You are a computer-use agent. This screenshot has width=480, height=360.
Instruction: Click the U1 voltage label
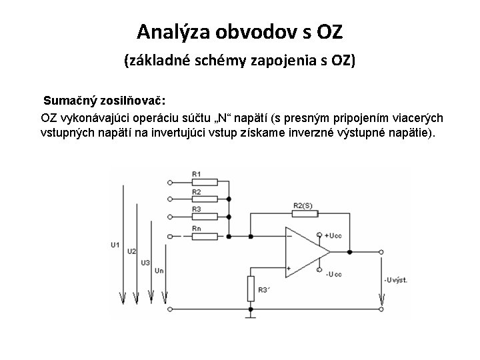(115, 245)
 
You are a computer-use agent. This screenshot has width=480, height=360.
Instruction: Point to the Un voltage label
(158, 271)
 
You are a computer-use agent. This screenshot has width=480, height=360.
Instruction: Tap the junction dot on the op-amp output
(349, 252)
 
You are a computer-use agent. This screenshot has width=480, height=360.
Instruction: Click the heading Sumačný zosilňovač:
(105, 101)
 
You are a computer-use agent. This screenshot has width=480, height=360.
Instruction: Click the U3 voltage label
(145, 262)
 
